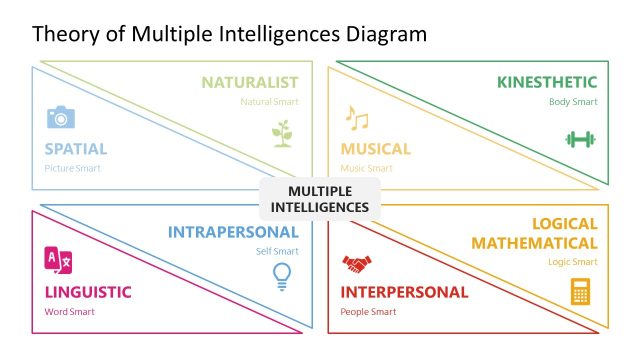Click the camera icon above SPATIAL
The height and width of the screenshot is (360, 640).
(61, 117)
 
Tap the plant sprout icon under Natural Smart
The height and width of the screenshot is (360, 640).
(284, 133)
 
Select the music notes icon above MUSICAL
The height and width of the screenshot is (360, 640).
(356, 118)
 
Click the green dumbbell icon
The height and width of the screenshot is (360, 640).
(580, 139)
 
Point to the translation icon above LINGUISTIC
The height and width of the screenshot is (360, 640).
(59, 261)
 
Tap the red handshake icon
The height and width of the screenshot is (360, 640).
(356, 264)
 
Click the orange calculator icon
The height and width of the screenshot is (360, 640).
(580, 291)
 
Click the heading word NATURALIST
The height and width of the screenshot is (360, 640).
(249, 82)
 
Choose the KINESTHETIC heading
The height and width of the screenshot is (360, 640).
(547, 82)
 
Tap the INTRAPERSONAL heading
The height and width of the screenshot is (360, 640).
(233, 232)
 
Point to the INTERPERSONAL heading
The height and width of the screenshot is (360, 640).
(404, 292)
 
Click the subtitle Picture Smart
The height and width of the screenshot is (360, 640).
(72, 168)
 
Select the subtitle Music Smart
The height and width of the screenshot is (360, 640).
(366, 168)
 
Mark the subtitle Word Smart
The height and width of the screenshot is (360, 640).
(68, 311)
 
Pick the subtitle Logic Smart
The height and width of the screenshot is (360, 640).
(572, 262)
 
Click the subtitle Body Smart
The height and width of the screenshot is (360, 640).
(573, 102)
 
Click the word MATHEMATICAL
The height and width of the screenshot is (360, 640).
(534, 243)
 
